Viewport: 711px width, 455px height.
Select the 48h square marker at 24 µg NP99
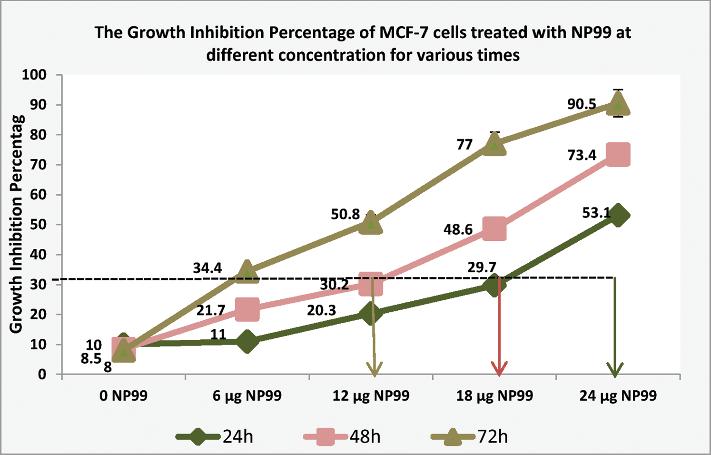[x=618, y=155]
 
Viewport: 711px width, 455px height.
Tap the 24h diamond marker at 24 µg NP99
[x=618, y=215]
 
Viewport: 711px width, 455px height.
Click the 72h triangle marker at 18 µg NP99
[x=494, y=144]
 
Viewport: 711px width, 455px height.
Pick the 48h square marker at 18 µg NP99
[x=494, y=229]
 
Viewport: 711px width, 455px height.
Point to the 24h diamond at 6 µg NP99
[x=247, y=341]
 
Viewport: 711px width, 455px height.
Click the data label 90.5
[x=582, y=104]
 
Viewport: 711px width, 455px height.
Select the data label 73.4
[x=582, y=155]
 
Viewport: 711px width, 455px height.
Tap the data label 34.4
[x=207, y=268]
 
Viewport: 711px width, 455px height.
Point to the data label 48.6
[x=458, y=230]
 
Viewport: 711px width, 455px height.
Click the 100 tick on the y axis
[x=34, y=75]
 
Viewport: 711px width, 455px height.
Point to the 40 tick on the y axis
[x=38, y=255]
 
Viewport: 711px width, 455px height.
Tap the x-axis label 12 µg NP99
[x=371, y=396]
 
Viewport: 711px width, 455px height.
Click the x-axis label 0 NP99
[x=123, y=396]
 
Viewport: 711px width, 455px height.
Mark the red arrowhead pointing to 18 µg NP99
[x=499, y=369]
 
